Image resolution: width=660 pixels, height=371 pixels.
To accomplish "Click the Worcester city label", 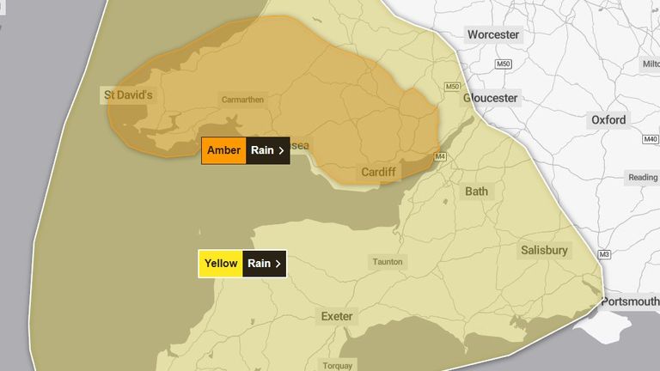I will click(x=493, y=35).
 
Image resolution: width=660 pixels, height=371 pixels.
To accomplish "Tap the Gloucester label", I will click(x=491, y=98).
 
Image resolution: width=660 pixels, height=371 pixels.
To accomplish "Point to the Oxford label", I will click(x=608, y=120).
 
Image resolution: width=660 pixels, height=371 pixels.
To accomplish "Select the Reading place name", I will click(x=642, y=178).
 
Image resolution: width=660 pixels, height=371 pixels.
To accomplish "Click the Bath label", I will click(x=476, y=191).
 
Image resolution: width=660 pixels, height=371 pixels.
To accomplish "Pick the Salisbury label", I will click(x=544, y=251).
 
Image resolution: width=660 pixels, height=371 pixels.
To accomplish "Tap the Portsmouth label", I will click(x=630, y=301).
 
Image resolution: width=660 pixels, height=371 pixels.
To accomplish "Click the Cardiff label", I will click(x=378, y=172).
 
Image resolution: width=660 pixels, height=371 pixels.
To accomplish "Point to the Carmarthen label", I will click(x=243, y=100).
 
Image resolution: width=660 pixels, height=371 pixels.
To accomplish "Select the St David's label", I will click(x=128, y=95).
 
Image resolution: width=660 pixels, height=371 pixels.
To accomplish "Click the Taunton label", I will click(x=387, y=262).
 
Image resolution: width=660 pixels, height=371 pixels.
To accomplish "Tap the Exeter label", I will click(x=337, y=316).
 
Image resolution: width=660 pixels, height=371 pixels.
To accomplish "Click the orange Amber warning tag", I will click(x=224, y=150).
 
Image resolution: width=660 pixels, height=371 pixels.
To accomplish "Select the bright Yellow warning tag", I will click(x=221, y=264).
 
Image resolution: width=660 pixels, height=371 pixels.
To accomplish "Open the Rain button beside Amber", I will click(x=267, y=150).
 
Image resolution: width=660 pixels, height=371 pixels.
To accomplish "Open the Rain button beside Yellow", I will click(x=265, y=264).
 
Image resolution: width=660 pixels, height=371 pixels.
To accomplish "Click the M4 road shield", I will click(x=441, y=156).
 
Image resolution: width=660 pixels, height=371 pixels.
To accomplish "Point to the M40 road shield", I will click(x=650, y=139).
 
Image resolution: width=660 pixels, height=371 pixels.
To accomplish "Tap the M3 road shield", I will click(x=605, y=254).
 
